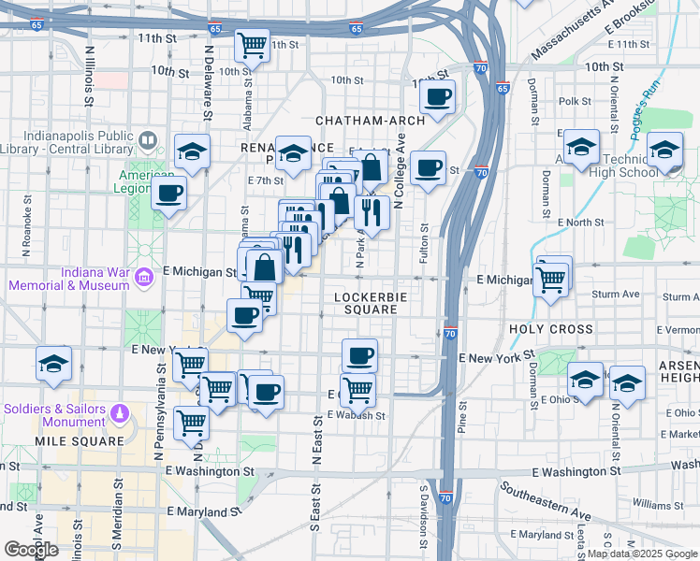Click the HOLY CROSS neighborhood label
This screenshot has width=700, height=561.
click(x=551, y=330)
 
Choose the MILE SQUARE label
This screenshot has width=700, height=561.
click(x=80, y=440)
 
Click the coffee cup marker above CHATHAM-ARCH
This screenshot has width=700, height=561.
click(x=437, y=95)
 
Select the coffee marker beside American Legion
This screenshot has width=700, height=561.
click(x=169, y=194)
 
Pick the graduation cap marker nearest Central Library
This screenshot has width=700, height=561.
click(x=193, y=151)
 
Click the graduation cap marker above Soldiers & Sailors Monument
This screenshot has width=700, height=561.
click(x=53, y=363)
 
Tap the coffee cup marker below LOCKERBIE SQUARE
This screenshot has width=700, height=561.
click(x=359, y=355)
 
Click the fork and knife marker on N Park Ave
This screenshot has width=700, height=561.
click(x=373, y=213)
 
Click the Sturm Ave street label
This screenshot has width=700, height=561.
click(x=617, y=294)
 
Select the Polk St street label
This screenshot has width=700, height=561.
click(x=575, y=101)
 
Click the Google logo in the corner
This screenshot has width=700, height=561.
click(x=31, y=550)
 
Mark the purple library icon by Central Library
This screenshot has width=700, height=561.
click(x=148, y=142)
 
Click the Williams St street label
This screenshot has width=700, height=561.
click(x=652, y=503)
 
